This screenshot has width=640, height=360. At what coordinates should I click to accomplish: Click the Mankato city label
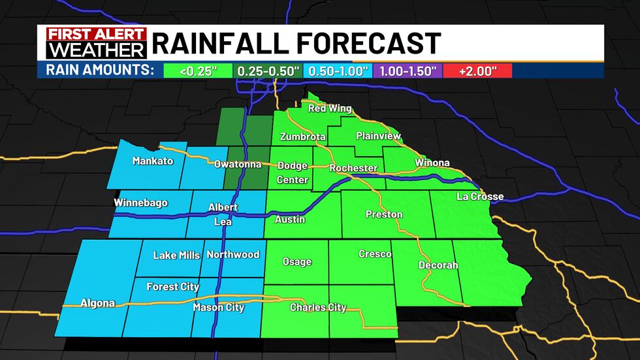pyautogui.click(x=153, y=161)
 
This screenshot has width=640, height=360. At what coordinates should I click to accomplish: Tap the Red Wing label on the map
pyautogui.click(x=330, y=108)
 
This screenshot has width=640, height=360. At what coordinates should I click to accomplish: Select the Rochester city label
pyautogui.click(x=353, y=168)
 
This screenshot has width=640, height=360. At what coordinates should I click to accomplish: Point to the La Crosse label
pyautogui.click(x=480, y=197)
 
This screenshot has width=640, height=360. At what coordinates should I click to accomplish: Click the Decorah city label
pyautogui.click(x=438, y=265)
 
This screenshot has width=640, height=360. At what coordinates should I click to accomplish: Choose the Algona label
pyautogui.click(x=97, y=303)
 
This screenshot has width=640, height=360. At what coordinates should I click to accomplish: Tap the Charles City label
pyautogui.click(x=318, y=307)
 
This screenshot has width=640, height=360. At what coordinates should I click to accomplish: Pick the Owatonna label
pyautogui.click(x=238, y=164)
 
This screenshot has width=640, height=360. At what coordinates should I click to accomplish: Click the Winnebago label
pyautogui.click(x=140, y=203)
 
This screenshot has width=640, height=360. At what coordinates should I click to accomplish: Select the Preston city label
pyautogui.click(x=384, y=214)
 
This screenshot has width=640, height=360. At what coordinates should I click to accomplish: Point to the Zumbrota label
pyautogui.click(x=303, y=137)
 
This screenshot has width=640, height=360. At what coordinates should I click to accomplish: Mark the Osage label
pyautogui.click(x=296, y=262)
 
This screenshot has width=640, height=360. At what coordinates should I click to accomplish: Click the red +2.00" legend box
pyautogui.click(x=479, y=71)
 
